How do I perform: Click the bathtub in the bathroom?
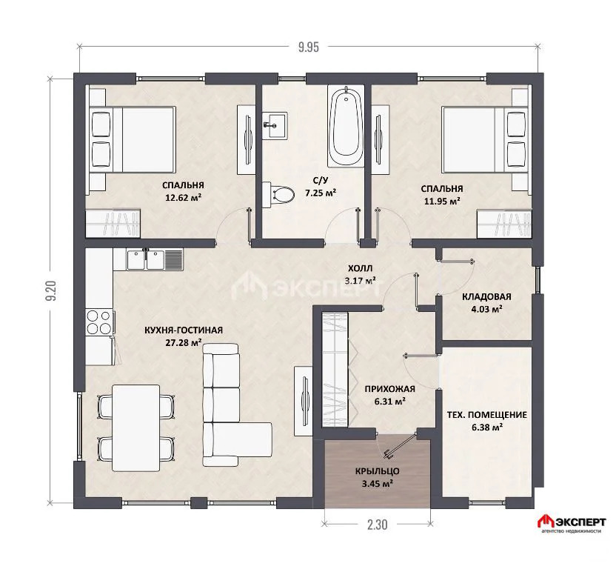coord(346,127)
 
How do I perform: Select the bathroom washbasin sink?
coord(275,125)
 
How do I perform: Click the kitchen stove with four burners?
coord(100,322)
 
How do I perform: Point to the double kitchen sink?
coord(146,259)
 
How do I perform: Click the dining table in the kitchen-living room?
coord(136,427)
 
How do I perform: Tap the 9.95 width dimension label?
coord(309,47)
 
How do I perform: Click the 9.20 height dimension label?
coord(53,290)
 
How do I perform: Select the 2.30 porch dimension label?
coord(377,525)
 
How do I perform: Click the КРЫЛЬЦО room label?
coord(377,471)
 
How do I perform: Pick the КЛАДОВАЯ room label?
coord(486,297)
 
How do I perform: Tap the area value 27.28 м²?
coord(184,342)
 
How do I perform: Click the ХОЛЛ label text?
coord(360,269)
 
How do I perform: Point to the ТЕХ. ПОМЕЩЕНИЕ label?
coord(487,414)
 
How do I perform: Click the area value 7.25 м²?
coord(321,193)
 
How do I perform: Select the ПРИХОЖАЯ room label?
coord(389,389)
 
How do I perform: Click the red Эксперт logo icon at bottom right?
coord(545,522)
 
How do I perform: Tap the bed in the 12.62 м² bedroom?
coord(133,139)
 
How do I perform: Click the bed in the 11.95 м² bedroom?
coord(484,139)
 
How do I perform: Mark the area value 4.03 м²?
coord(486,310)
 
